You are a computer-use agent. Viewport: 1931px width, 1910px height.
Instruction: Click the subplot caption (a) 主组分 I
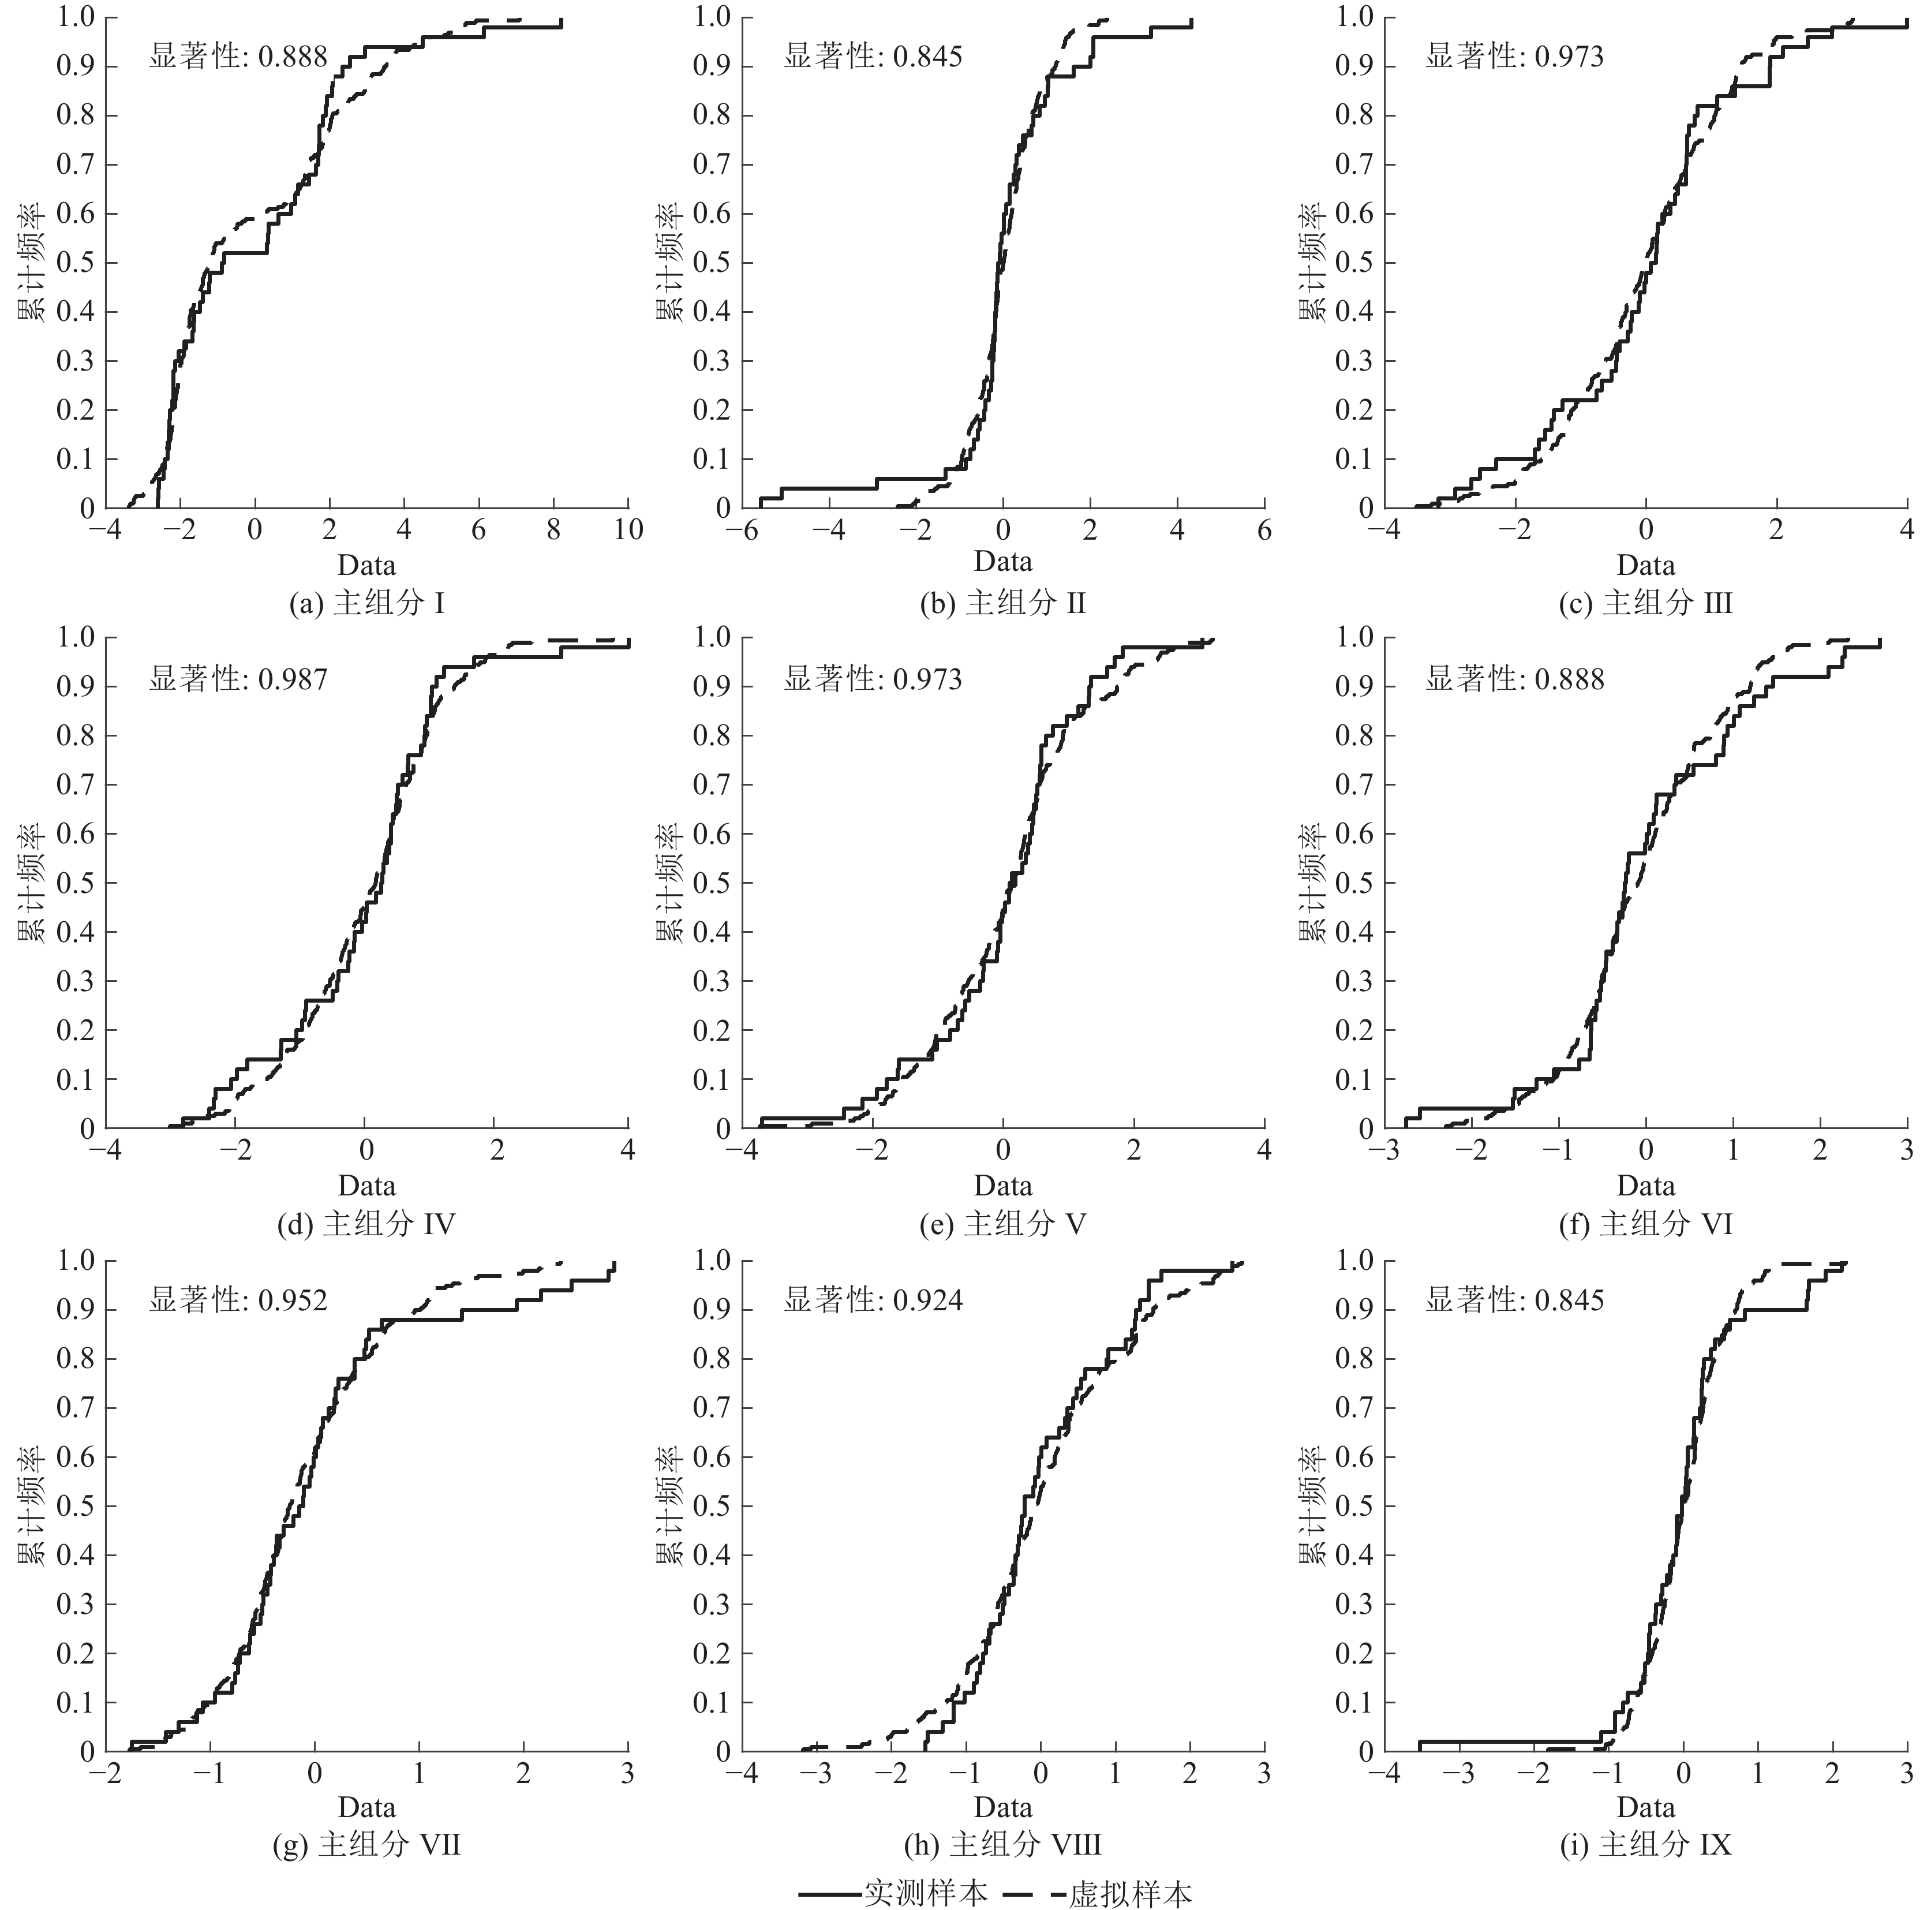(x=367, y=604)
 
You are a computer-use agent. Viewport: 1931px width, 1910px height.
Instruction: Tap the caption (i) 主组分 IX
(x=1645, y=1845)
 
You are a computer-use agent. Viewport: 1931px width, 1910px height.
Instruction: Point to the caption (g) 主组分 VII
(x=367, y=1845)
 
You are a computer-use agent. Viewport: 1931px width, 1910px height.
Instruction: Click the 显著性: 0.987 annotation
(x=238, y=679)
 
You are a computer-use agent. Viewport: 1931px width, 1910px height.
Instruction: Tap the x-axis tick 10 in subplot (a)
(x=628, y=530)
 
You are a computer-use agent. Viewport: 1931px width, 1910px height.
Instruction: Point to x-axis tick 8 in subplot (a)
(x=553, y=530)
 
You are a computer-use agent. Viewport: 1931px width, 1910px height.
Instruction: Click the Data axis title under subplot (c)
(x=1645, y=566)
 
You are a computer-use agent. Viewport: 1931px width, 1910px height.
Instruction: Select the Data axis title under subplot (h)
(x=1002, y=1807)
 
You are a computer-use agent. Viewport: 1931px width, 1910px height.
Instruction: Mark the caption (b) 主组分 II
(x=1002, y=604)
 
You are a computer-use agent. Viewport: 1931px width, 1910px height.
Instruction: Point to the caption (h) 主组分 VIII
(x=1002, y=1845)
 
